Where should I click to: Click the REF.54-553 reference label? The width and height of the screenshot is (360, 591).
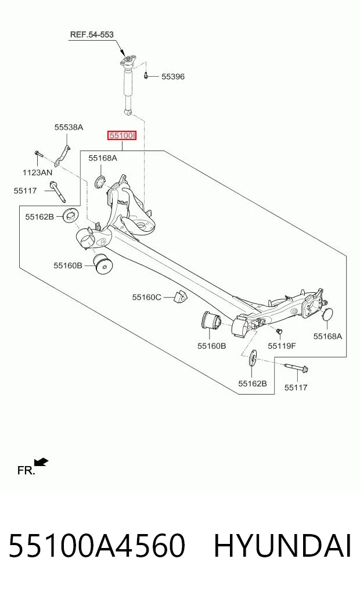92,35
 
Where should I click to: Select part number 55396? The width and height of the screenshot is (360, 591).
173,77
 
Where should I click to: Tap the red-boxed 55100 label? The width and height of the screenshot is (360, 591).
121,135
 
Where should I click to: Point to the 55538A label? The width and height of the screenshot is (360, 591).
69,127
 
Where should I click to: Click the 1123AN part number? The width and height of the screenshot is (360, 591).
37,173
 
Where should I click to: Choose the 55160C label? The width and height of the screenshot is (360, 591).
146,298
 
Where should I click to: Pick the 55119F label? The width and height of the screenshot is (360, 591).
282,346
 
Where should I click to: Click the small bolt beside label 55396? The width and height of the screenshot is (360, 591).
146,76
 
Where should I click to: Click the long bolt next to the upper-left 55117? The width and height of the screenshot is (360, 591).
57,192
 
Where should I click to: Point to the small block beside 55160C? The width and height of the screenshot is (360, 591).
179,296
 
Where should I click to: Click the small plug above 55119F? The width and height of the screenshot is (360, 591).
279,331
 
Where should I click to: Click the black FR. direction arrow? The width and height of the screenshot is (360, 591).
41,461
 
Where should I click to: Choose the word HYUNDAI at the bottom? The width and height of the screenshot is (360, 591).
282,546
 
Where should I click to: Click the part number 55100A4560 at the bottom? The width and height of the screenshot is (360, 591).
97,546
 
